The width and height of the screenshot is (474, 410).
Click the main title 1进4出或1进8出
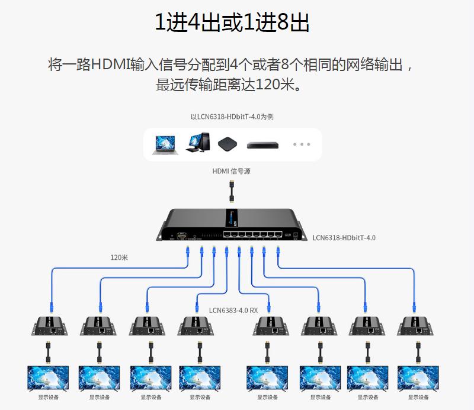232,22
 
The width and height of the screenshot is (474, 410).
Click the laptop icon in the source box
164,144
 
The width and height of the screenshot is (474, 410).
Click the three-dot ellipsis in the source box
301,144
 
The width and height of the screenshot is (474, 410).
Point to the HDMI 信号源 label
232,172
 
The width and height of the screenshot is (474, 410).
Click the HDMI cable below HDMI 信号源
232,192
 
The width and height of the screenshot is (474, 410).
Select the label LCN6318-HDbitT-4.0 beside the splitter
344,238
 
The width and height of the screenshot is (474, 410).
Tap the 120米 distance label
119,257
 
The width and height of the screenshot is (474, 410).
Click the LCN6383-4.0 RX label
233,309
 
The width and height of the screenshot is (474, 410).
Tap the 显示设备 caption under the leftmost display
48,398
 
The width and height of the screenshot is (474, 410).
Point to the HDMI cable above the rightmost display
417,353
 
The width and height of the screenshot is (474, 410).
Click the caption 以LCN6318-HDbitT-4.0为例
232,117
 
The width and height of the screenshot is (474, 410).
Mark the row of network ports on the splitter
249,234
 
